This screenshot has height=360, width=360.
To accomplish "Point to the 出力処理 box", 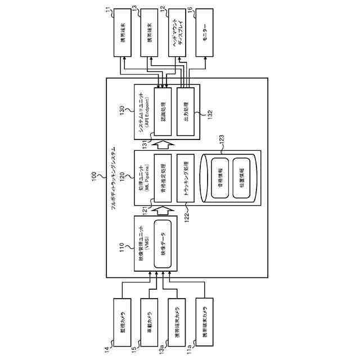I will click(x=185, y=111).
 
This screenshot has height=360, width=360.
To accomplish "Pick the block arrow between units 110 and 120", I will click(x=164, y=210).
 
